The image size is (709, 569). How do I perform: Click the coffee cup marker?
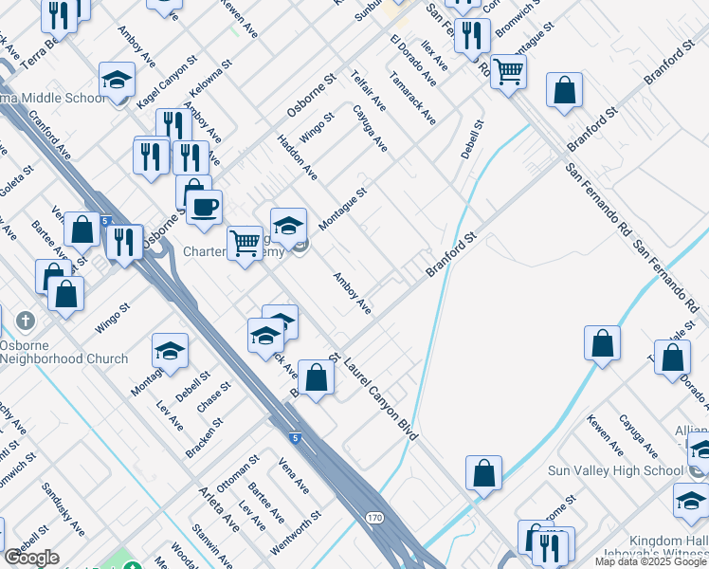(204, 207)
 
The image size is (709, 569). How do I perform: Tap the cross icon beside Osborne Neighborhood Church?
(26, 320)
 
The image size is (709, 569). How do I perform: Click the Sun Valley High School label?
(615, 470)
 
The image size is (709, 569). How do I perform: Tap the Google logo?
(31, 558)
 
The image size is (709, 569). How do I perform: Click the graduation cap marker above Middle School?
(117, 80)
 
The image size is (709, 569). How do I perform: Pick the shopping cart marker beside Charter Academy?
(245, 243)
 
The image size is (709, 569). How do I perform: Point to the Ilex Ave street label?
(435, 55)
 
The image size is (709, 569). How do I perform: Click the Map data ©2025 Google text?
(651, 560)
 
